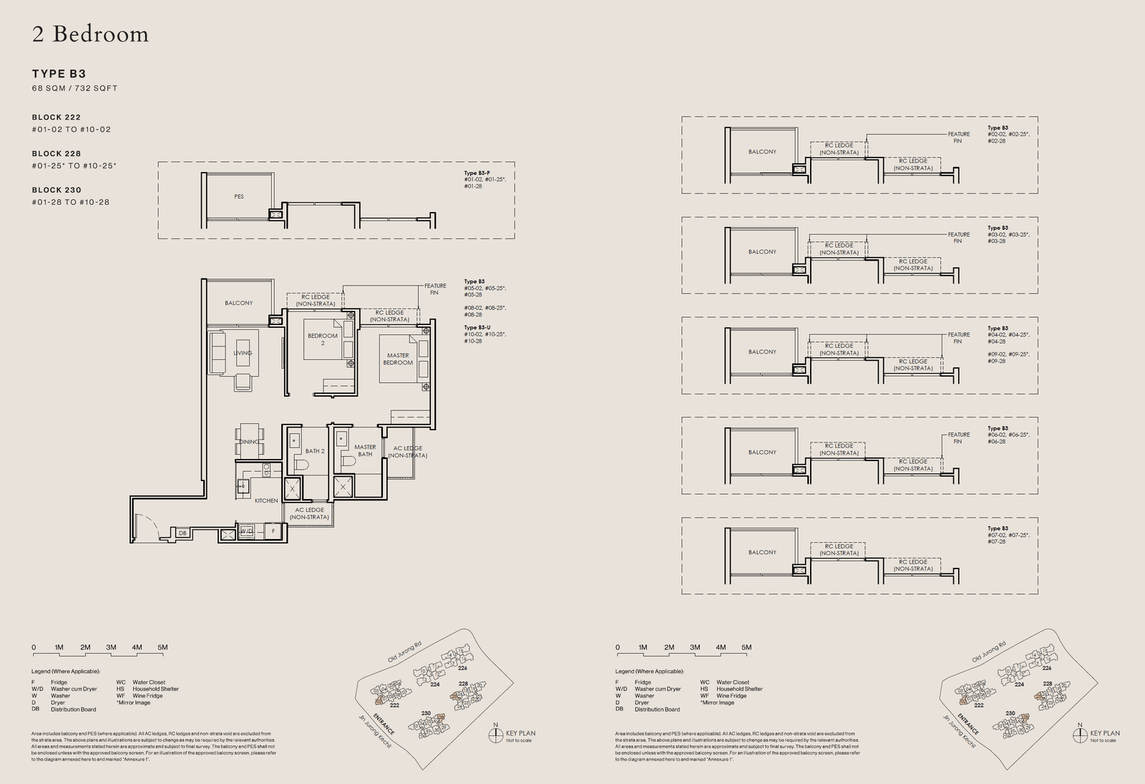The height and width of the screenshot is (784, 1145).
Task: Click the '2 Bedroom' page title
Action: point(90,34)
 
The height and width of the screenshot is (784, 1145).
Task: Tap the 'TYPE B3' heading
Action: point(59,74)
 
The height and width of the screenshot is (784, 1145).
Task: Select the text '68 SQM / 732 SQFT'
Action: point(74,88)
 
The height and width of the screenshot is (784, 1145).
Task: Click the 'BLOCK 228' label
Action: point(57,153)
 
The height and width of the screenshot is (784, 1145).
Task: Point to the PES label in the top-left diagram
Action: point(239,196)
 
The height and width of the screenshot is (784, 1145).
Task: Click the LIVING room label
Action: point(243,353)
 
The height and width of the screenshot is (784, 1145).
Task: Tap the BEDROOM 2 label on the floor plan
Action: point(323,339)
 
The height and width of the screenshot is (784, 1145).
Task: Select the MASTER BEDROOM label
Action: point(398,359)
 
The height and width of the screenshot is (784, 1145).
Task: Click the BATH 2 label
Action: point(315,451)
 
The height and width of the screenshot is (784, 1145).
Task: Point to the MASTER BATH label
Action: point(365,450)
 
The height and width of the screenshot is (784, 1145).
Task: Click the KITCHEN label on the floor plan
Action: point(266,500)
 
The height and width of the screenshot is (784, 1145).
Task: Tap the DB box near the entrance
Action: point(182,533)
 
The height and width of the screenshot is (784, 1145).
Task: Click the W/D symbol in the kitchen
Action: point(246,532)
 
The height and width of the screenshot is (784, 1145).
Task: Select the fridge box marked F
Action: point(273,531)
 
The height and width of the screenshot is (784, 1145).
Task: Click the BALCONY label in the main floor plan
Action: point(238,303)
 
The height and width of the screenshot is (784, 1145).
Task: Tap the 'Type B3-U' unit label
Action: point(477,327)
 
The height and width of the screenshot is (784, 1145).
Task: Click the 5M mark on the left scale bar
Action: point(162,647)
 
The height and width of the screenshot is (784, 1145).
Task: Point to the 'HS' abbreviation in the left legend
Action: point(120,689)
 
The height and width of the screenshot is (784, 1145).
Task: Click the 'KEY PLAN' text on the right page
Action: point(1105,733)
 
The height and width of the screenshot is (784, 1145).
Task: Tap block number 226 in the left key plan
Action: point(462,668)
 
